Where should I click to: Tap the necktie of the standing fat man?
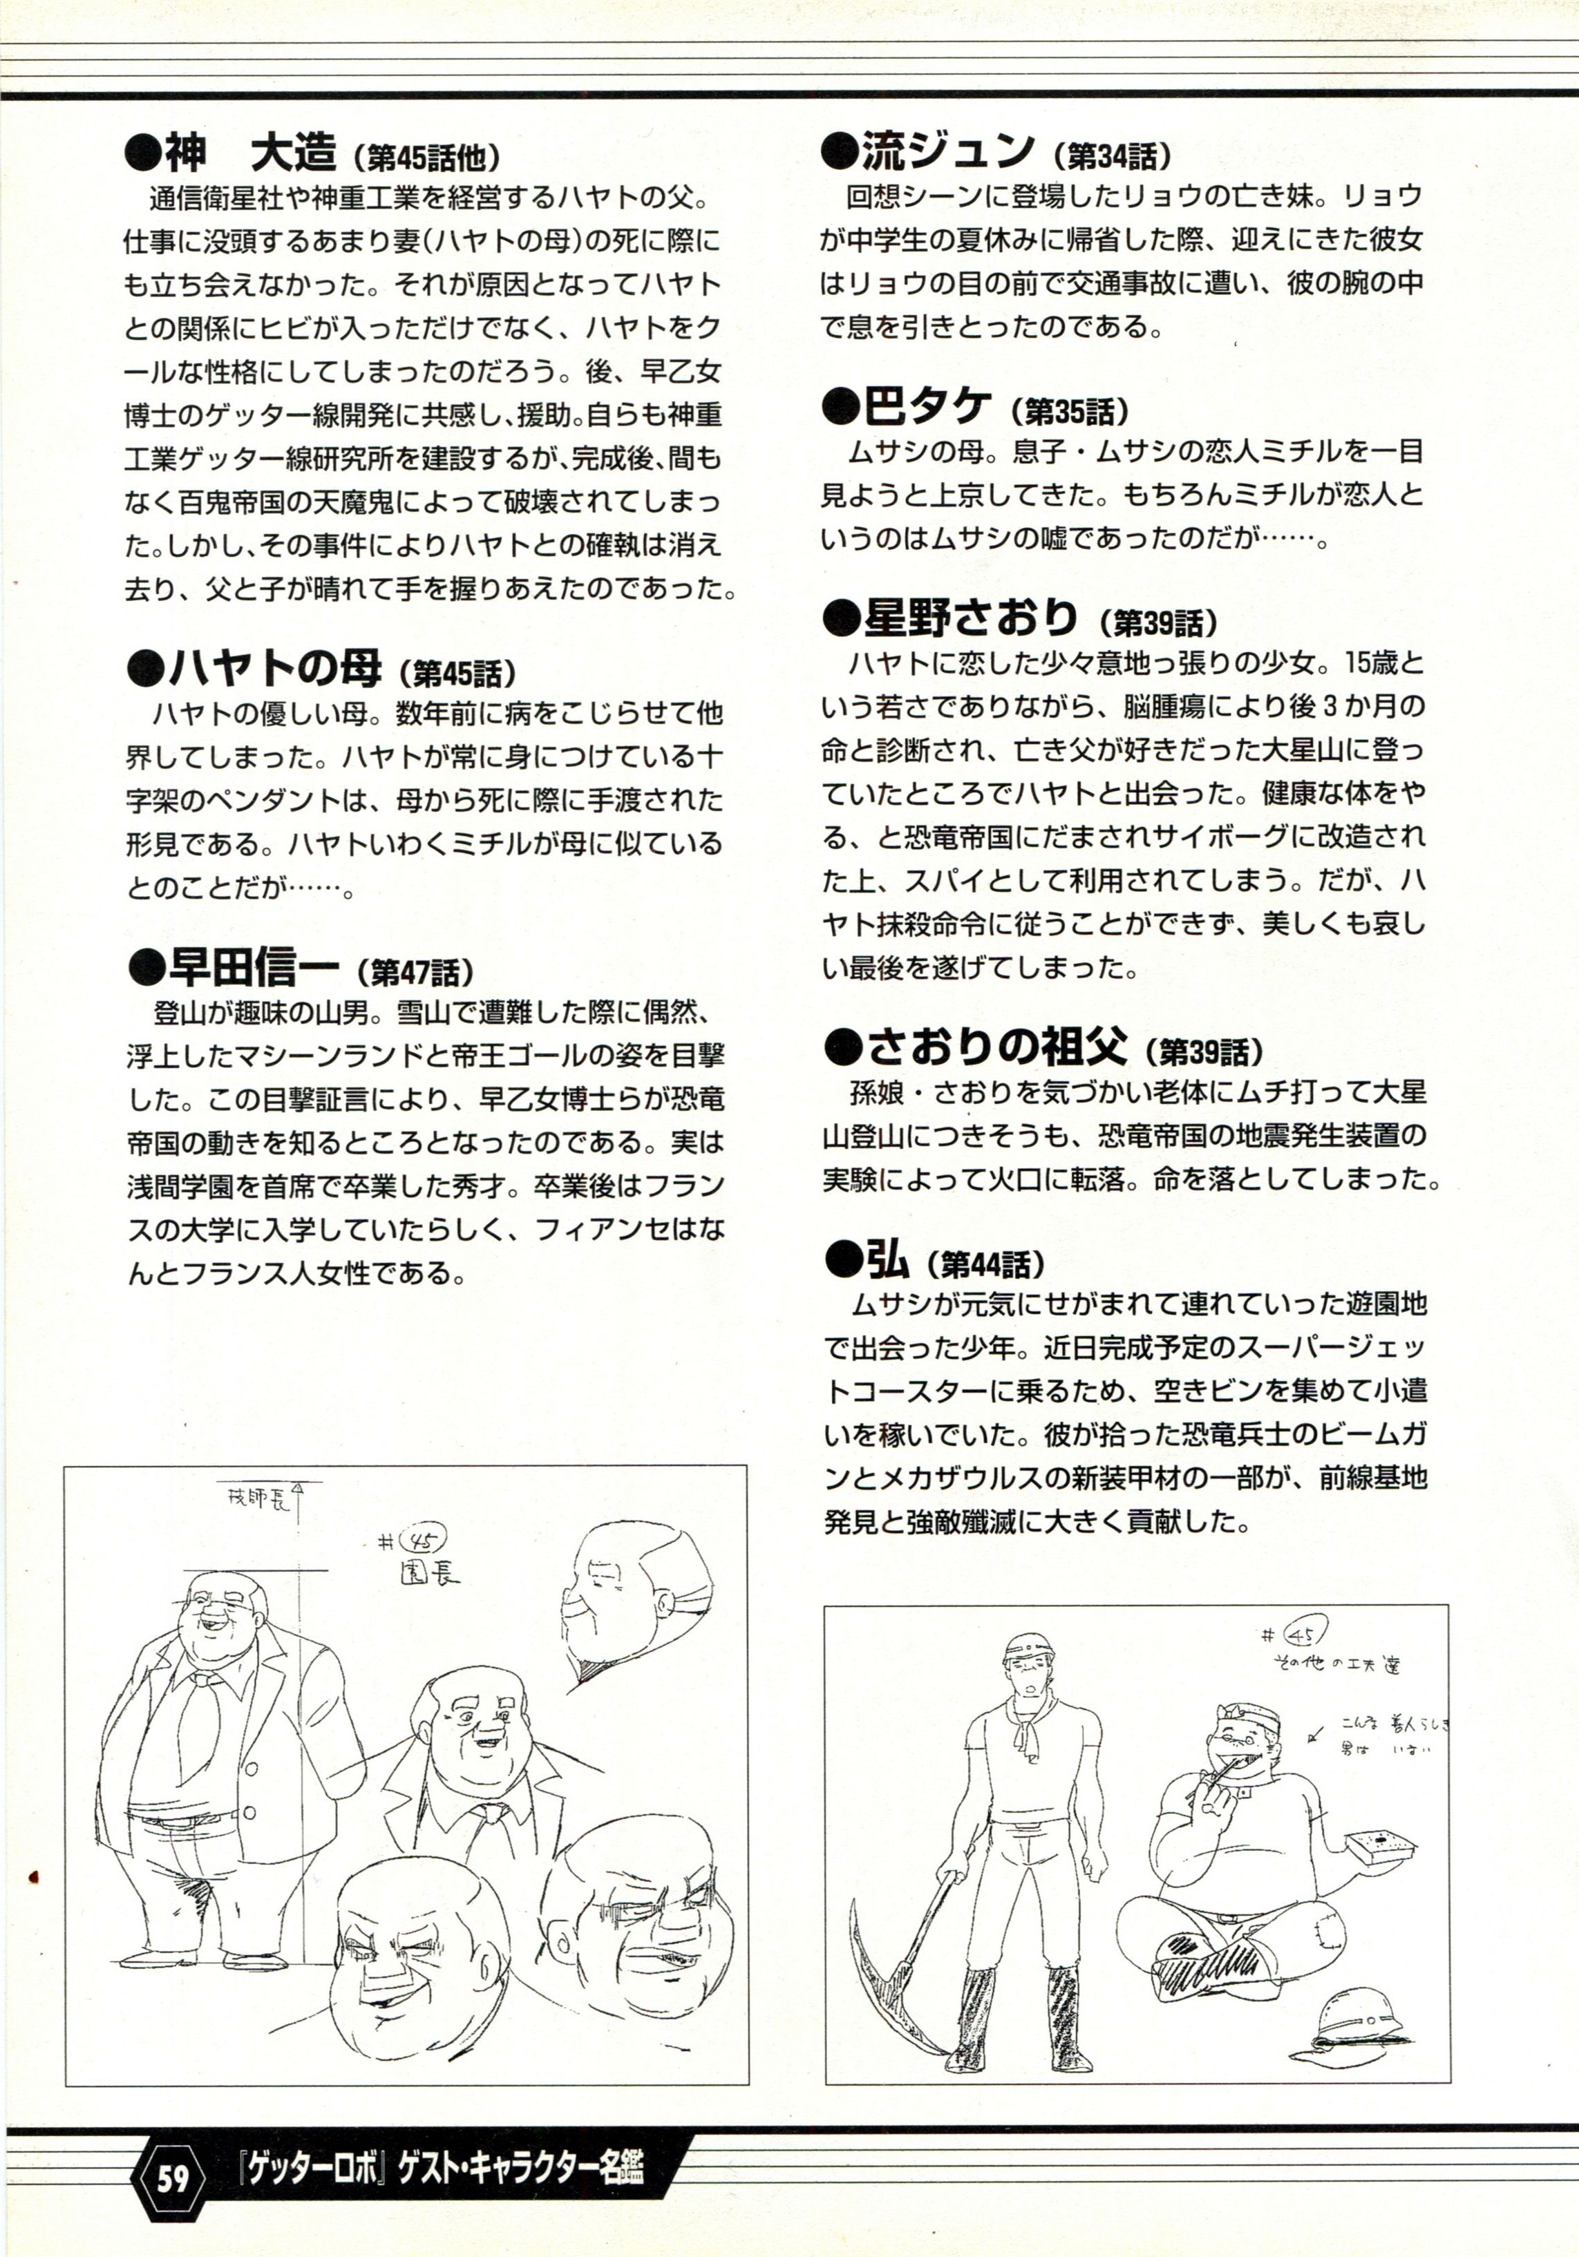pyautogui.click(x=198, y=1711)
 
